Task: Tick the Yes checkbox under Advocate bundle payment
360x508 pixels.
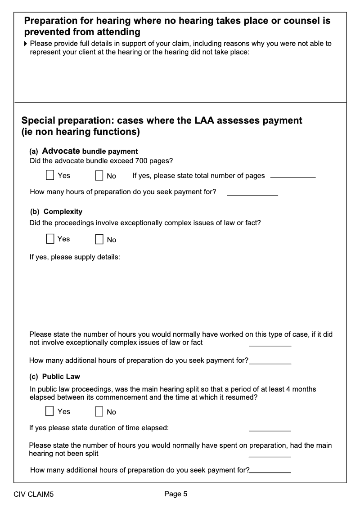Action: pyautogui.click(x=50, y=175)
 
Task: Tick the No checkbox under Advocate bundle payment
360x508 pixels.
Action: pyautogui.click(x=99, y=175)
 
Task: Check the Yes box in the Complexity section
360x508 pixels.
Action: pyautogui.click(x=50, y=239)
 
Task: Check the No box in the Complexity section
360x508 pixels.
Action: pyautogui.click(x=99, y=239)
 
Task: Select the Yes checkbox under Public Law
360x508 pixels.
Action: pyautogui.click(x=50, y=411)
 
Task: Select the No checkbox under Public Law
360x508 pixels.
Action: pyautogui.click(x=99, y=411)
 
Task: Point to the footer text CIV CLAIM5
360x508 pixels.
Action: pyautogui.click(x=34, y=495)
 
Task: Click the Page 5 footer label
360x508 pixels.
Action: pyautogui.click(x=176, y=494)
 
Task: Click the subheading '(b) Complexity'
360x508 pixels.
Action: pyautogui.click(x=56, y=211)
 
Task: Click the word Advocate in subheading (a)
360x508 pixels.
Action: pyautogui.click(x=61, y=151)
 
